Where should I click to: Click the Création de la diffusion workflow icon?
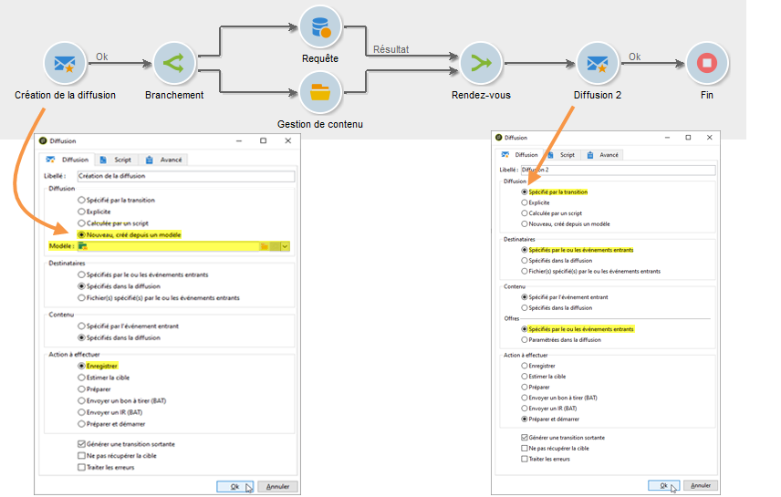[63, 63]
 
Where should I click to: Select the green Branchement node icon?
[174, 63]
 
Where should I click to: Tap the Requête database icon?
[320, 27]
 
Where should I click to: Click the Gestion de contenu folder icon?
[320, 92]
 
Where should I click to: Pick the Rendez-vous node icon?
[481, 63]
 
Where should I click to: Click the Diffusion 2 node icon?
[598, 63]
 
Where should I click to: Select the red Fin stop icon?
[707, 63]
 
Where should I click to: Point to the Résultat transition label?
[390, 49]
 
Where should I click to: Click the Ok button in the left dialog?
[234, 486]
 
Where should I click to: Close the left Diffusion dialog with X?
[288, 140]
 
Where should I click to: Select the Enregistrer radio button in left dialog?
[82, 366]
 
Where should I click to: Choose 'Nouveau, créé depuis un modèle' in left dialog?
[82, 234]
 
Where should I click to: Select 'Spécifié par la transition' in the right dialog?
[524, 192]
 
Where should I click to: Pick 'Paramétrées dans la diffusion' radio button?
[524, 339]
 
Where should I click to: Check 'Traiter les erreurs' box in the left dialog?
[82, 467]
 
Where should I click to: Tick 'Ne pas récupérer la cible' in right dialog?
[524, 448]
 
